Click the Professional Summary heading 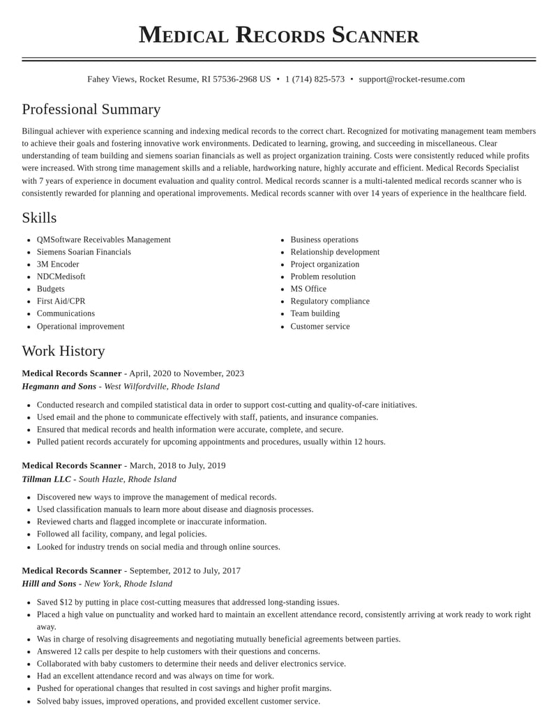[x=91, y=109]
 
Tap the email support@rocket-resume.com [x=412, y=79]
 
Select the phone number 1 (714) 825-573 [x=315, y=79]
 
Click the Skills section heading [x=39, y=218]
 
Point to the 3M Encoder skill [x=58, y=265]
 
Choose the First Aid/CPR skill [x=61, y=302]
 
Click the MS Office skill [x=308, y=289]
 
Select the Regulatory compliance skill [x=330, y=302]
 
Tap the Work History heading [x=63, y=351]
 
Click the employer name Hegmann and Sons [x=59, y=387]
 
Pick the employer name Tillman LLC [x=46, y=479]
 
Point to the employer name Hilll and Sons [x=49, y=584]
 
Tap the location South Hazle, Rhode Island [x=128, y=479]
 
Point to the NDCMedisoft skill [x=61, y=277]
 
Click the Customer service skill [x=320, y=327]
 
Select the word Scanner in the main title [x=375, y=35]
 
